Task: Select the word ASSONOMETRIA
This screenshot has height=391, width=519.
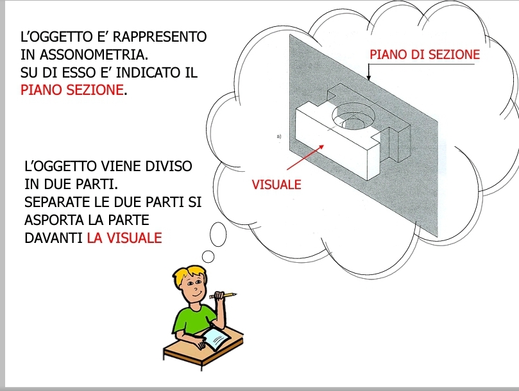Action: pos(94,54)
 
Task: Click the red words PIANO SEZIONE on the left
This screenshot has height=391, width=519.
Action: pos(72,90)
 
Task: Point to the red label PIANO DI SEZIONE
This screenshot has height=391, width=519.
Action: pos(425,54)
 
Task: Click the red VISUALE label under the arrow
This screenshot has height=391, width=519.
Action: pos(277,184)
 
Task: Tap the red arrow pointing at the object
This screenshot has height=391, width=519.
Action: pos(305,158)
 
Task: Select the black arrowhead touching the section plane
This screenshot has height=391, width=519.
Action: pos(369,78)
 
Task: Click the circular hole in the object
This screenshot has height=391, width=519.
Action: pos(353,116)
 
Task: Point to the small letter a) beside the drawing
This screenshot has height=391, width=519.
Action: pos(279,136)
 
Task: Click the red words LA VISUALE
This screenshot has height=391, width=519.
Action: pos(124,238)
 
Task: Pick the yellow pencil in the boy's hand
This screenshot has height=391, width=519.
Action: pos(223,295)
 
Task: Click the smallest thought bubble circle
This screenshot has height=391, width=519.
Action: pos(208,256)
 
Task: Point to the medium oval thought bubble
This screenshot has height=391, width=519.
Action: pos(218,234)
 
